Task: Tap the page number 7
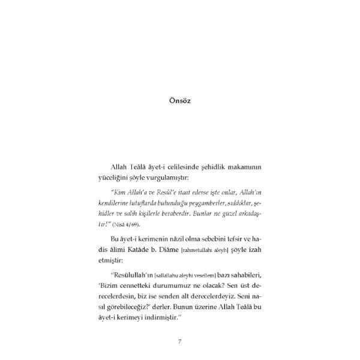(179, 342)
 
